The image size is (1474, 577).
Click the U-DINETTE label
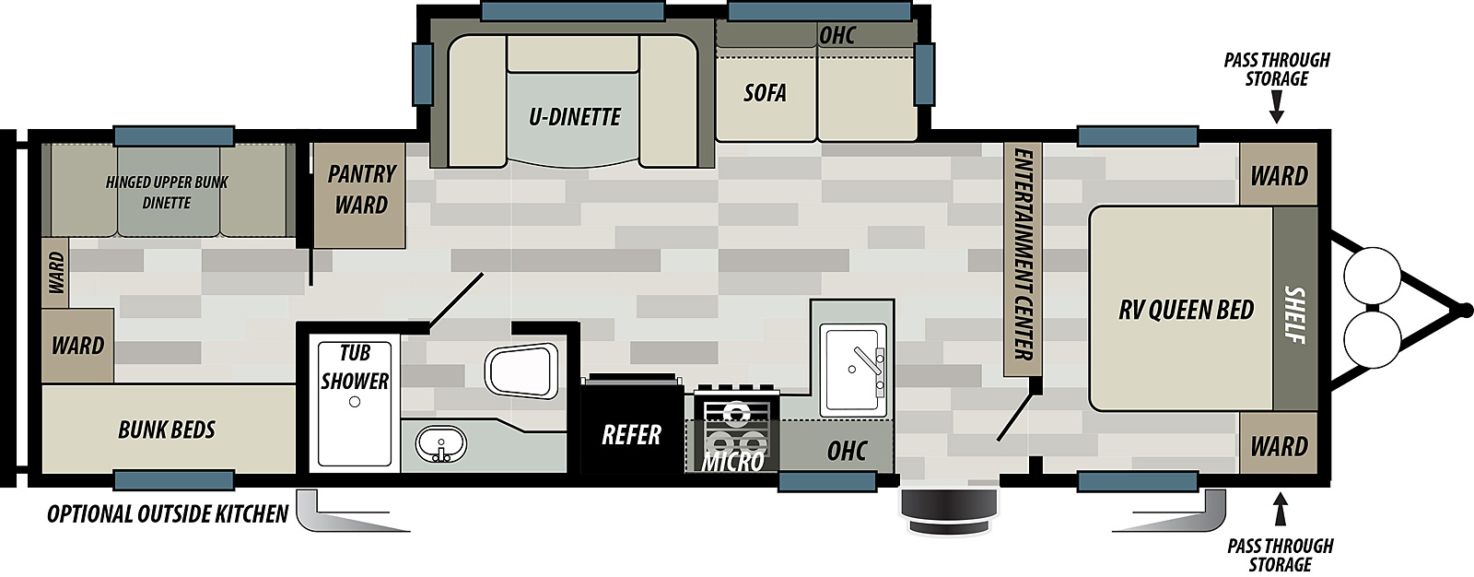pos(575,117)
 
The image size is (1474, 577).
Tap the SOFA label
pos(765,93)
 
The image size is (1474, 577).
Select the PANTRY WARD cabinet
pos(358,195)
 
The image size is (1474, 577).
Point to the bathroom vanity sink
pos(441,444)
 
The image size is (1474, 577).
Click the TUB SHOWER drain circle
pos(355,402)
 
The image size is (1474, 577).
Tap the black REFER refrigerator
pos(631,425)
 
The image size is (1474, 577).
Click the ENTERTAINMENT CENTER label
pos(1023,254)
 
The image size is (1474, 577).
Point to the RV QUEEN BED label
pos(1186,310)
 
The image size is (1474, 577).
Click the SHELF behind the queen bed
pos(1295,309)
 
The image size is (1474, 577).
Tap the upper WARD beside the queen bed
pos(1279,174)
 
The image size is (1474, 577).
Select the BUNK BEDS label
pos(167,430)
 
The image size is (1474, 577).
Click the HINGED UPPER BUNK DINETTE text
pos(167,193)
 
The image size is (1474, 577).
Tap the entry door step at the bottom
pos(948,512)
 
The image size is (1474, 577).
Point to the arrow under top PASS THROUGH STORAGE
pos(1277,107)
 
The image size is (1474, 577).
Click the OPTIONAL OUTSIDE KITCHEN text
pos(167,513)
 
